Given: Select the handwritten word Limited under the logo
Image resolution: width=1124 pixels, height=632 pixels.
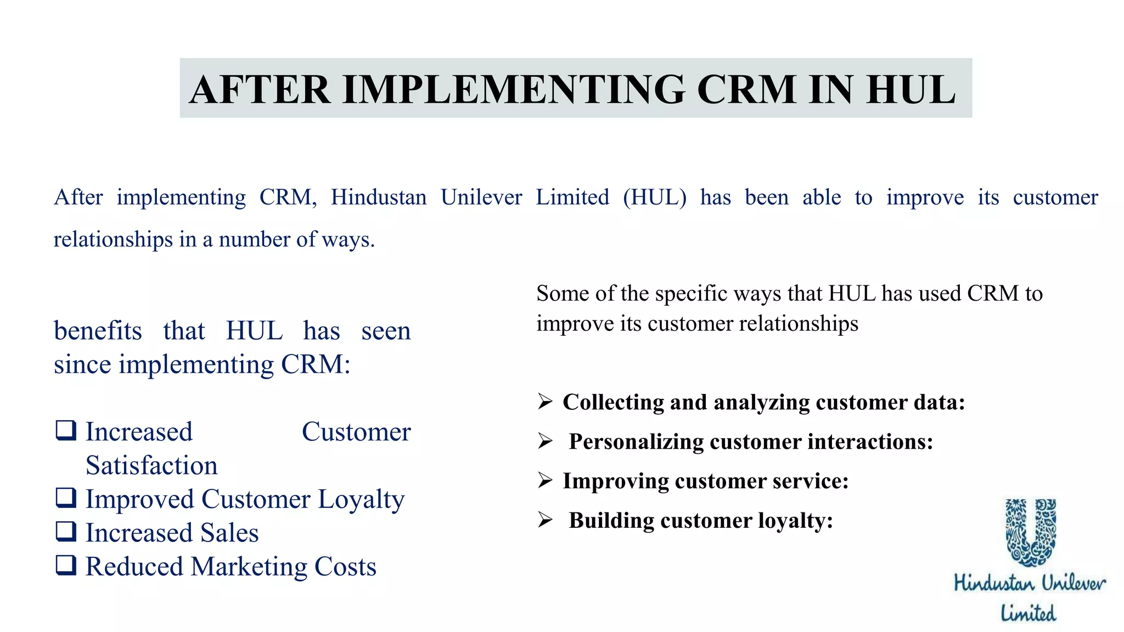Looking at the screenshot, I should pos(1028,613).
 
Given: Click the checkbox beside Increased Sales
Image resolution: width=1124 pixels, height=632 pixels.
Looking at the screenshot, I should pos(66,531).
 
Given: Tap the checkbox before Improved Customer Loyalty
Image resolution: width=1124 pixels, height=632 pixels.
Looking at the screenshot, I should pos(66,498).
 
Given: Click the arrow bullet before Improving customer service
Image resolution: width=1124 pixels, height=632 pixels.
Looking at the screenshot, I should pos(545,481).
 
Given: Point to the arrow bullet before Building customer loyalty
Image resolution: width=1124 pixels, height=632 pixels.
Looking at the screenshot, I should pos(545,520).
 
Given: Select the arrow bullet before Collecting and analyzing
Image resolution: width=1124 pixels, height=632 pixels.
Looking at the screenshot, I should pos(545,402).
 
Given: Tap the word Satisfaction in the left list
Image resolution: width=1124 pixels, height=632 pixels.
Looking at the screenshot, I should pos(151,465).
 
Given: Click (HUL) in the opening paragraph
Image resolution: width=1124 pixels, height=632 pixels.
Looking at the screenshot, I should pos(654,198).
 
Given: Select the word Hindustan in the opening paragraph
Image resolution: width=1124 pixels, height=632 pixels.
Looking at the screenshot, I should pos(378,198).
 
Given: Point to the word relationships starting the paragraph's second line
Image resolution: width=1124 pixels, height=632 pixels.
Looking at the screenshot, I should pos(113,240).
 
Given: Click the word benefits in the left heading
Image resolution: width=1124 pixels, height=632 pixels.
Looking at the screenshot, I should pos(98,331).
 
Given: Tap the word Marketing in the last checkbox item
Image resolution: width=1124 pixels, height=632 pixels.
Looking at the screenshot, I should pos(249,567).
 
